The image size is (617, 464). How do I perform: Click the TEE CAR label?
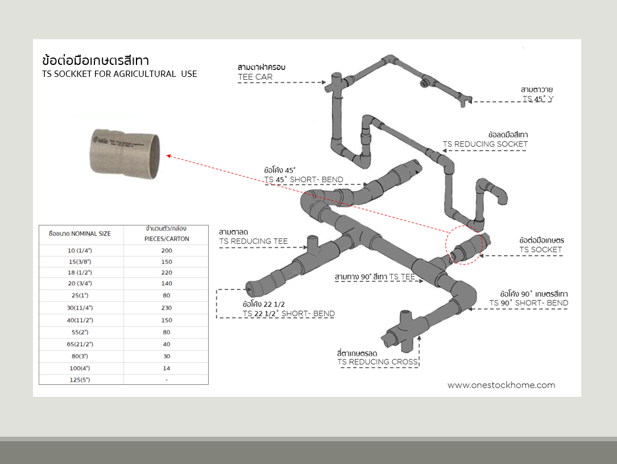coord(255,77)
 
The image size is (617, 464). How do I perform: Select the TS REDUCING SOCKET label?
coord(485,144)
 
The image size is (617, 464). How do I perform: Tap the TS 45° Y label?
coord(537,98)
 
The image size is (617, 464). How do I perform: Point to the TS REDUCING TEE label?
coord(254,241)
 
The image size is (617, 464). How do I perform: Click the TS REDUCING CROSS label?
coord(378,362)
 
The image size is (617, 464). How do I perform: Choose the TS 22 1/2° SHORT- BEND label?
coord(288,314)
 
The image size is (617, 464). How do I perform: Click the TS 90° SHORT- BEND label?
coord(529,303)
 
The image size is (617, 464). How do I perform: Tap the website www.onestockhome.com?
coord(501,385)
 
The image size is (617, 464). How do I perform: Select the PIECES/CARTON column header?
coord(166,239)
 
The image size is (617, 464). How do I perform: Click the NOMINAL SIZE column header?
coord(80,233)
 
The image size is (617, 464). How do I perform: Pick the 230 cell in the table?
coord(166,307)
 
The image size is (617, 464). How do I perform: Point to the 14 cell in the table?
coord(166,368)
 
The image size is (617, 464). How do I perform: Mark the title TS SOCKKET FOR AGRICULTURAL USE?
coord(119,74)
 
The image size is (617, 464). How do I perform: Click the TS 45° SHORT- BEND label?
coord(304,180)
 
